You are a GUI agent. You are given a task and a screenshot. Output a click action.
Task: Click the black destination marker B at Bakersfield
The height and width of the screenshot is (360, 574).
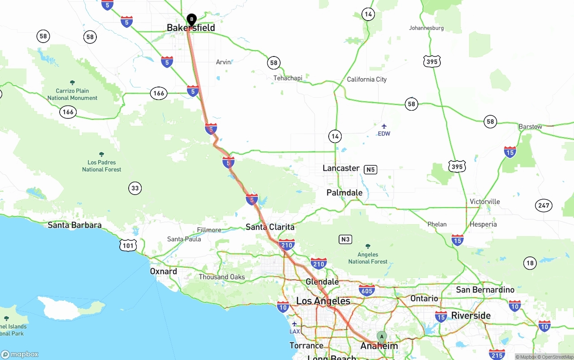tap(191, 20)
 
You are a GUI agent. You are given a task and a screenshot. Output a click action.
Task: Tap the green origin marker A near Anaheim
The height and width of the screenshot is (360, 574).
tap(381, 337)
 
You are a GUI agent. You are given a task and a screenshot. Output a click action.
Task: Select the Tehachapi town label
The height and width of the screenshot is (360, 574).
tap(288, 78)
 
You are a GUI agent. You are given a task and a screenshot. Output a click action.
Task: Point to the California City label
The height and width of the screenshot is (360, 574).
tap(367, 79)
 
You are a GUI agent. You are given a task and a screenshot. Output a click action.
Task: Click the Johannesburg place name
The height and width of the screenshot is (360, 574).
tap(426, 28)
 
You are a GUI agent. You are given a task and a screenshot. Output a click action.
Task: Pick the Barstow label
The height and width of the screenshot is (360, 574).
tap(531, 126)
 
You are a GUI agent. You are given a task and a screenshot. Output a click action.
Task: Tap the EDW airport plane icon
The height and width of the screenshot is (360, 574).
tap(384, 126)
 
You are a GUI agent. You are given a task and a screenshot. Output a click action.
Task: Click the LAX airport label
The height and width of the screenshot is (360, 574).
tap(295, 331)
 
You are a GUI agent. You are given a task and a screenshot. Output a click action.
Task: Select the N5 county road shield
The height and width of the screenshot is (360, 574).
tap(370, 169)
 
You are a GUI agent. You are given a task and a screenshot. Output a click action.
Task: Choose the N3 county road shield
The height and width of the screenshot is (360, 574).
tap(345, 239)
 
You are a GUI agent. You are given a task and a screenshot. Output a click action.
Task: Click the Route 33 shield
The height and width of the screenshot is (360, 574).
tap(135, 188)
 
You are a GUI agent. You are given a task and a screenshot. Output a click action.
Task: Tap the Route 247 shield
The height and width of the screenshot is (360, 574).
tap(544, 206)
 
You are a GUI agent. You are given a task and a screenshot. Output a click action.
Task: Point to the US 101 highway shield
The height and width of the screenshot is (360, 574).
tap(128, 245)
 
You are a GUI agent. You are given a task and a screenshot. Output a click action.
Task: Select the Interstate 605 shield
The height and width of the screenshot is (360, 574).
tap(367, 290)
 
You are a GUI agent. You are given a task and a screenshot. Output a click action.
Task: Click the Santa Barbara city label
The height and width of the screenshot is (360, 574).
tap(74, 225)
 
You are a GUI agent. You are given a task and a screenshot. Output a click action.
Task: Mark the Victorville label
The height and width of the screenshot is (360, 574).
tap(485, 202)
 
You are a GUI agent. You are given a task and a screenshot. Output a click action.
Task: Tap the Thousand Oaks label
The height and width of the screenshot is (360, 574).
tap(222, 277)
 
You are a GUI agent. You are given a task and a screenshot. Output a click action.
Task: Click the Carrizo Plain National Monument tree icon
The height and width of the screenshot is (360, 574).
tap(73, 83)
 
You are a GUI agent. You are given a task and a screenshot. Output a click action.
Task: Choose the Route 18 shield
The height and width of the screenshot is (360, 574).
tap(530, 263)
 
